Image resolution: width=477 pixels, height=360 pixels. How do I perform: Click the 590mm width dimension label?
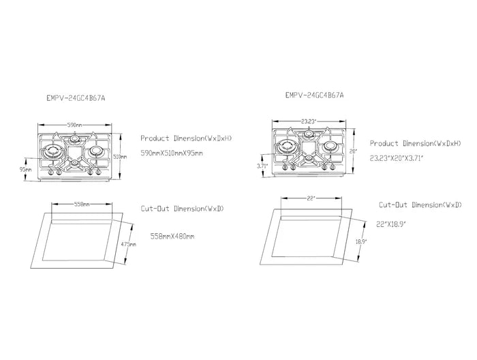(x=74, y=125)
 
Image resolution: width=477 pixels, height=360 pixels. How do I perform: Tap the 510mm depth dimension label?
(x=120, y=157)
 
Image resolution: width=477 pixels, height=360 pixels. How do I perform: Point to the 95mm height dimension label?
(x=25, y=170)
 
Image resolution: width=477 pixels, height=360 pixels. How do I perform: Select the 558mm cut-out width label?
(x=82, y=204)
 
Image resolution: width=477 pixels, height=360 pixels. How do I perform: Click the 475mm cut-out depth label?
(x=129, y=244)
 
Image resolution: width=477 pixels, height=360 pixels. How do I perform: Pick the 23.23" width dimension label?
(x=309, y=121)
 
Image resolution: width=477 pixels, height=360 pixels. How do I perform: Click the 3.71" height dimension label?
(x=262, y=166)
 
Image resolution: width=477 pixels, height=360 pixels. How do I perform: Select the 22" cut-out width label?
(x=311, y=198)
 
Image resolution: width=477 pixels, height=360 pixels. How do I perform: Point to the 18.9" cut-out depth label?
(x=361, y=241)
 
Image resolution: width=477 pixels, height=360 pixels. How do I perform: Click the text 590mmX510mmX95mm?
(x=172, y=153)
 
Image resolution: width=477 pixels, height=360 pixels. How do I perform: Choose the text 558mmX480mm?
(x=172, y=236)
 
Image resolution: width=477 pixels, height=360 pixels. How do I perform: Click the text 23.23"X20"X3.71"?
(x=397, y=158)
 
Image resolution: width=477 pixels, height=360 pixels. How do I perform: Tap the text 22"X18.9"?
(x=391, y=224)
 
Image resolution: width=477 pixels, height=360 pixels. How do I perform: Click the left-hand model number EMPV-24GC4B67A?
(x=76, y=98)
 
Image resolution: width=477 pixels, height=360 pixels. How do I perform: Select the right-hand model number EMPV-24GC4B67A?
(x=315, y=95)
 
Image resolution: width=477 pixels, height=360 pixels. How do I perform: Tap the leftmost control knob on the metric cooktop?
(x=51, y=173)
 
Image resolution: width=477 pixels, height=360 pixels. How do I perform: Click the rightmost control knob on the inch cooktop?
(x=333, y=167)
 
